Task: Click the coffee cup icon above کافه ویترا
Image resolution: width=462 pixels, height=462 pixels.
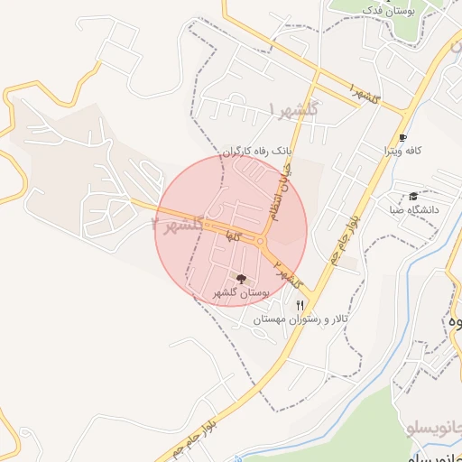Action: click(x=401, y=138)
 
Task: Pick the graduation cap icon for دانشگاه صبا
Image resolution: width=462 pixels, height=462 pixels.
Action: click(x=413, y=196)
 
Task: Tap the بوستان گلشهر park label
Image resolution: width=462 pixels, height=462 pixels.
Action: click(x=240, y=293)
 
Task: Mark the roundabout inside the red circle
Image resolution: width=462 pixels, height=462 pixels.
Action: click(x=263, y=241)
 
